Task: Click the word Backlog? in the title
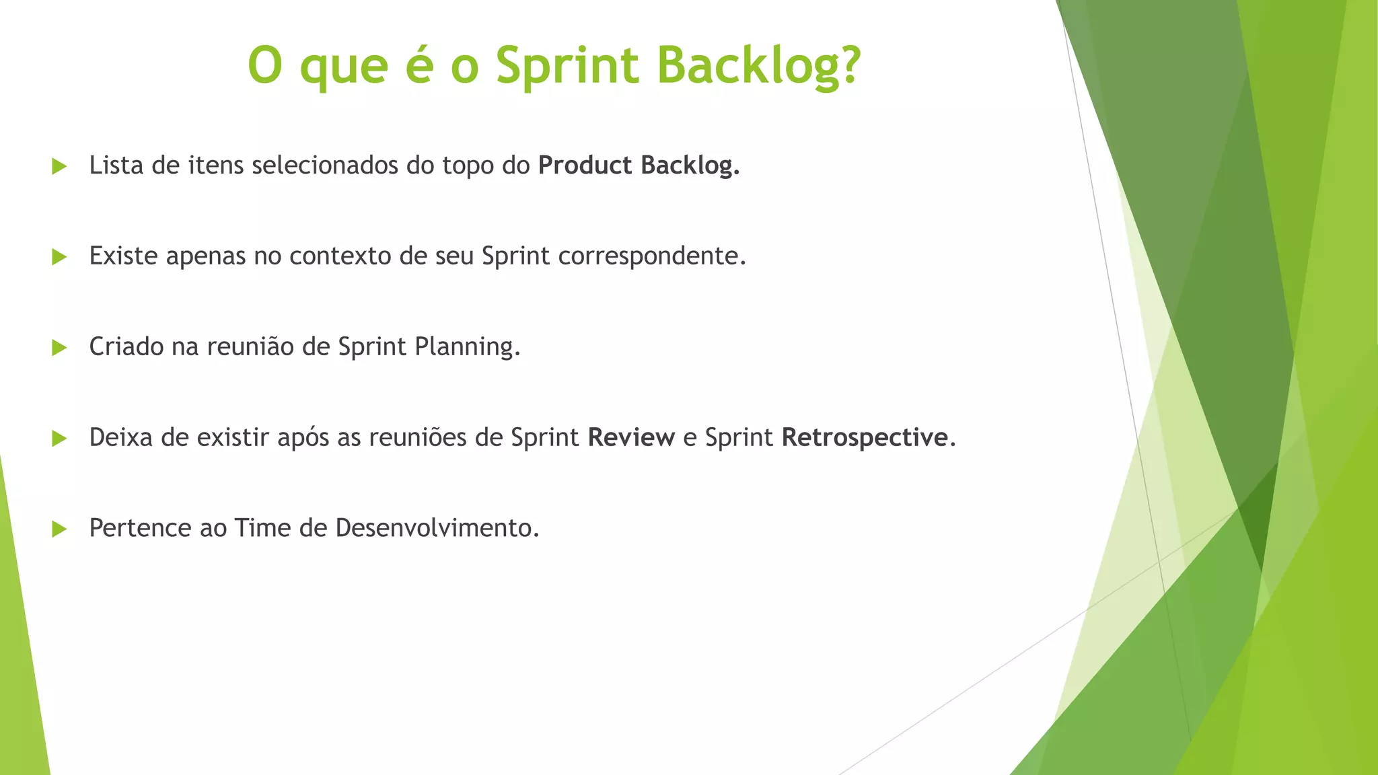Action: click(x=758, y=65)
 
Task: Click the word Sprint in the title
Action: click(x=567, y=65)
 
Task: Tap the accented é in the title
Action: click(x=419, y=65)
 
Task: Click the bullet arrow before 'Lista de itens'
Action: click(x=59, y=166)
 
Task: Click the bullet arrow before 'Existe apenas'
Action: click(x=59, y=256)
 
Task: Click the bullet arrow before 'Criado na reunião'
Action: click(x=59, y=347)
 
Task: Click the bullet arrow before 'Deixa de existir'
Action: click(x=59, y=439)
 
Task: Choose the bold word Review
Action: click(x=631, y=438)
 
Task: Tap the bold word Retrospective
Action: click(x=865, y=438)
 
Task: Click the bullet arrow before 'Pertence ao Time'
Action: click(x=59, y=529)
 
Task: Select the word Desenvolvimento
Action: click(x=437, y=528)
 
